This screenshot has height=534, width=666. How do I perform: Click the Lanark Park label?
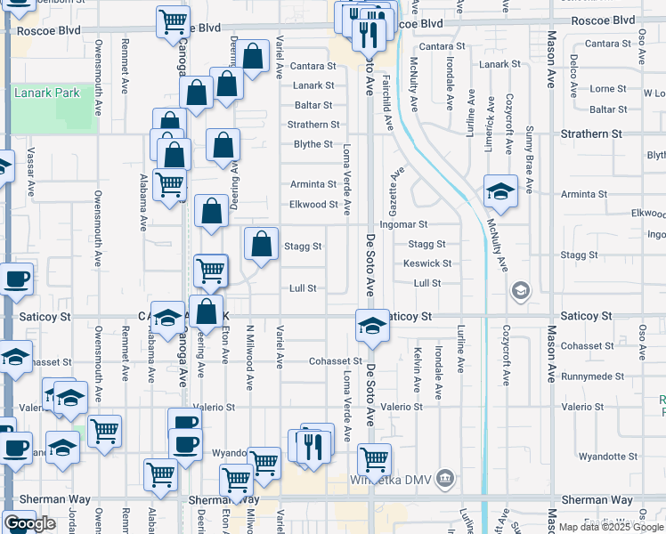tap(47, 93)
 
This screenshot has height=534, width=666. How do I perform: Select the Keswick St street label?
tap(427, 263)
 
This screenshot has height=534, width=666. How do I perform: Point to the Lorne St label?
tap(608, 89)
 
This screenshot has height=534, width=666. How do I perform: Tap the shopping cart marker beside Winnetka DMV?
tap(375, 459)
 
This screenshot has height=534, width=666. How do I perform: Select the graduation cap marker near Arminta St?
tap(500, 191)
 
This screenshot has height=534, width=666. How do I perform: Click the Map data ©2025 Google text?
tap(610, 527)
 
